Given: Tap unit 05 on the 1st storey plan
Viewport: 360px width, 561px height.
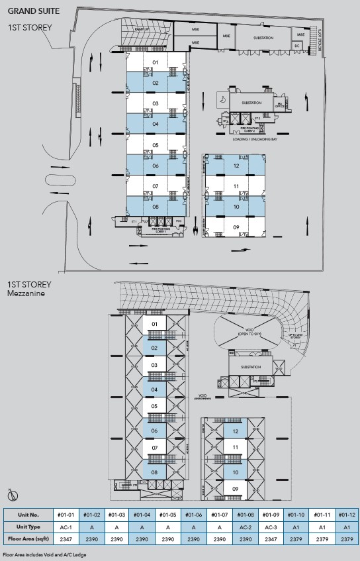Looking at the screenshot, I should pos(156,145).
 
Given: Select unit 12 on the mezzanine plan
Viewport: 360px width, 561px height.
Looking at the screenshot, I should pos(236,432).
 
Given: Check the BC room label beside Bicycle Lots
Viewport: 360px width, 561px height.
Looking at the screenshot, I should pos(297,45).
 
